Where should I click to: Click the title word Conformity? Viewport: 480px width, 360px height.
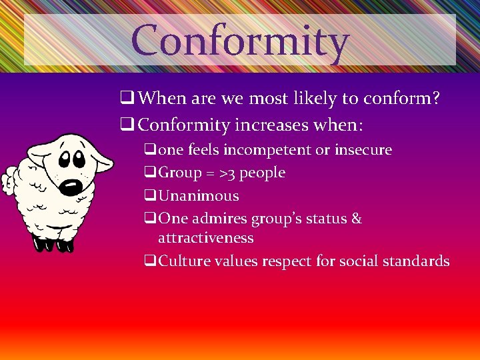[240, 41]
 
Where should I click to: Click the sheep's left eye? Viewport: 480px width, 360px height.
[65, 159]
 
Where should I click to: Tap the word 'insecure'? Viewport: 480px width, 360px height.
[362, 150]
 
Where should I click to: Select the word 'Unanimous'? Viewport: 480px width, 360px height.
[198, 195]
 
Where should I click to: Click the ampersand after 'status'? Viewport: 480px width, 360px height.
[356, 218]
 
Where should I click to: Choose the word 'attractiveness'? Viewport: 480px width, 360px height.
[205, 237]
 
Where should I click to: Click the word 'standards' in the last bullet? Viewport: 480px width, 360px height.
[417, 261]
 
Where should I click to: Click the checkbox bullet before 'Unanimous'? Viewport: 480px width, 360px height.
[150, 196]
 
